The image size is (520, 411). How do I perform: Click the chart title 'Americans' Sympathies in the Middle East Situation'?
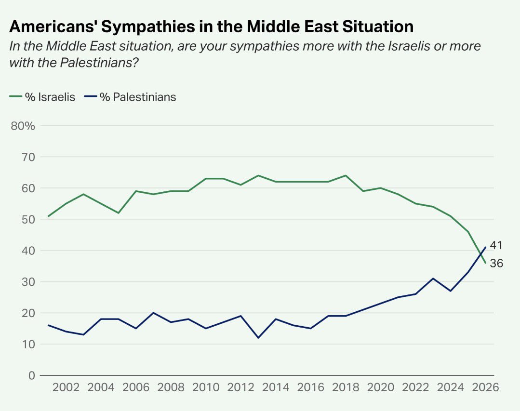click(x=211, y=27)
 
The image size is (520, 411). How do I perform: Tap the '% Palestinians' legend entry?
click(x=131, y=97)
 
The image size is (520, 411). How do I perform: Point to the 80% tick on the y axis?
click(x=23, y=126)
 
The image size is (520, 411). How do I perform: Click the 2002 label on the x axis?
click(x=66, y=388)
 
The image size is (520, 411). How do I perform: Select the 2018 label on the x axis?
click(x=346, y=388)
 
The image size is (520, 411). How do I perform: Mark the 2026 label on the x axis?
click(x=485, y=388)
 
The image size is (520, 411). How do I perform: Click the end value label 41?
click(x=496, y=245)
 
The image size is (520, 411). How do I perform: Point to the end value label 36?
click(x=496, y=263)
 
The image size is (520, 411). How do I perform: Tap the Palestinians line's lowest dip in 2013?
click(x=258, y=338)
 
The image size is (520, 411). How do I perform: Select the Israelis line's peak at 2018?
click(x=346, y=175)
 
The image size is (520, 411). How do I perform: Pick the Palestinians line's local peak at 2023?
click(x=433, y=278)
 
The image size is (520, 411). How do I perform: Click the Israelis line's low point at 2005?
click(x=118, y=213)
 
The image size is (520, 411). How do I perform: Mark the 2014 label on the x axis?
click(x=276, y=388)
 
